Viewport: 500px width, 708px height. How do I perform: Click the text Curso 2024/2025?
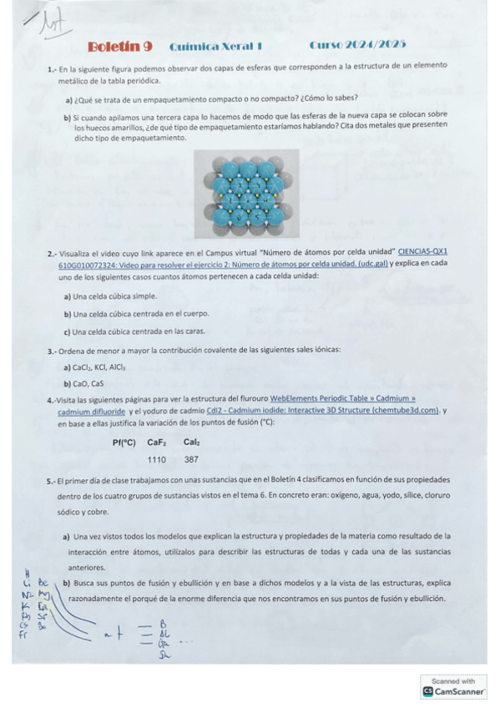[x=357, y=46]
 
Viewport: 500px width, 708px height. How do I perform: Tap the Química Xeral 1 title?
[x=215, y=47]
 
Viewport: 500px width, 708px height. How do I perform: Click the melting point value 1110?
[x=157, y=459]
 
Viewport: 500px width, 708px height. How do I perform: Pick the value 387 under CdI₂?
[x=191, y=459]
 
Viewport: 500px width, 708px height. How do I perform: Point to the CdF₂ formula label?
[x=157, y=442]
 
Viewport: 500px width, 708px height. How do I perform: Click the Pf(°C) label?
[x=124, y=442]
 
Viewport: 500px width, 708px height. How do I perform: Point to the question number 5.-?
[x=51, y=480]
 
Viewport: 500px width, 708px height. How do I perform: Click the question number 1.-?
[x=52, y=65]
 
